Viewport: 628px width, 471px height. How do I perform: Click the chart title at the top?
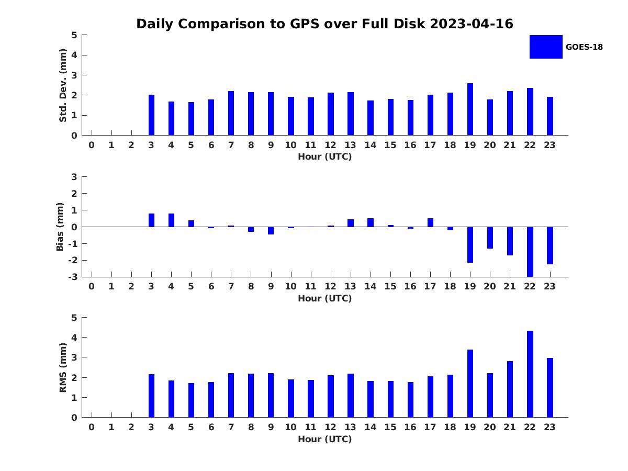tap(324, 24)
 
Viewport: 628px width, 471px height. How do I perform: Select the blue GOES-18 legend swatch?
tap(546, 47)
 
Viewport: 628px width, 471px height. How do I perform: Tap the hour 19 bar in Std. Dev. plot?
tap(470, 109)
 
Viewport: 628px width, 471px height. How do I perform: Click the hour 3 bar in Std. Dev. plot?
tap(151, 115)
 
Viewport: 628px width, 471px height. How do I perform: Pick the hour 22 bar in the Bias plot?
tap(530, 252)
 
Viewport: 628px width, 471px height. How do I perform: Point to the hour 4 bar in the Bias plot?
tap(171, 220)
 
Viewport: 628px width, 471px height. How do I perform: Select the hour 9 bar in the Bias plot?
tap(271, 230)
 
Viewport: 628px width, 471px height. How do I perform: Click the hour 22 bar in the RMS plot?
tap(530, 374)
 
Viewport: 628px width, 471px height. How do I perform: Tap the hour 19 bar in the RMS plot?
tap(470, 384)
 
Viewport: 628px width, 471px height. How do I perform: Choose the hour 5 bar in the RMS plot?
tap(191, 400)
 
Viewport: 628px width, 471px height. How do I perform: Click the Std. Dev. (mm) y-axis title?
tap(63, 85)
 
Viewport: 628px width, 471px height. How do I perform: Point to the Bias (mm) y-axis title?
tap(60, 227)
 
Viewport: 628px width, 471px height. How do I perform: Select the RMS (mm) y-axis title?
tap(63, 367)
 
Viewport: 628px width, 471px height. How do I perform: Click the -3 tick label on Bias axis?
tap(73, 277)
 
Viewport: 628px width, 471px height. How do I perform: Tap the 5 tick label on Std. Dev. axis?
tap(74, 35)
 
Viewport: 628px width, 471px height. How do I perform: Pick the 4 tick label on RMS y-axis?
tap(74, 338)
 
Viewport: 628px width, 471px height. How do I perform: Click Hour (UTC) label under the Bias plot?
tap(325, 298)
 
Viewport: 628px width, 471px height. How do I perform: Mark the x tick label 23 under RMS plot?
tap(549, 427)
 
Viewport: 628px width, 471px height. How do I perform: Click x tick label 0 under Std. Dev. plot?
tap(92, 145)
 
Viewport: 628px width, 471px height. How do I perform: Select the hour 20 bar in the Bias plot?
tap(490, 238)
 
